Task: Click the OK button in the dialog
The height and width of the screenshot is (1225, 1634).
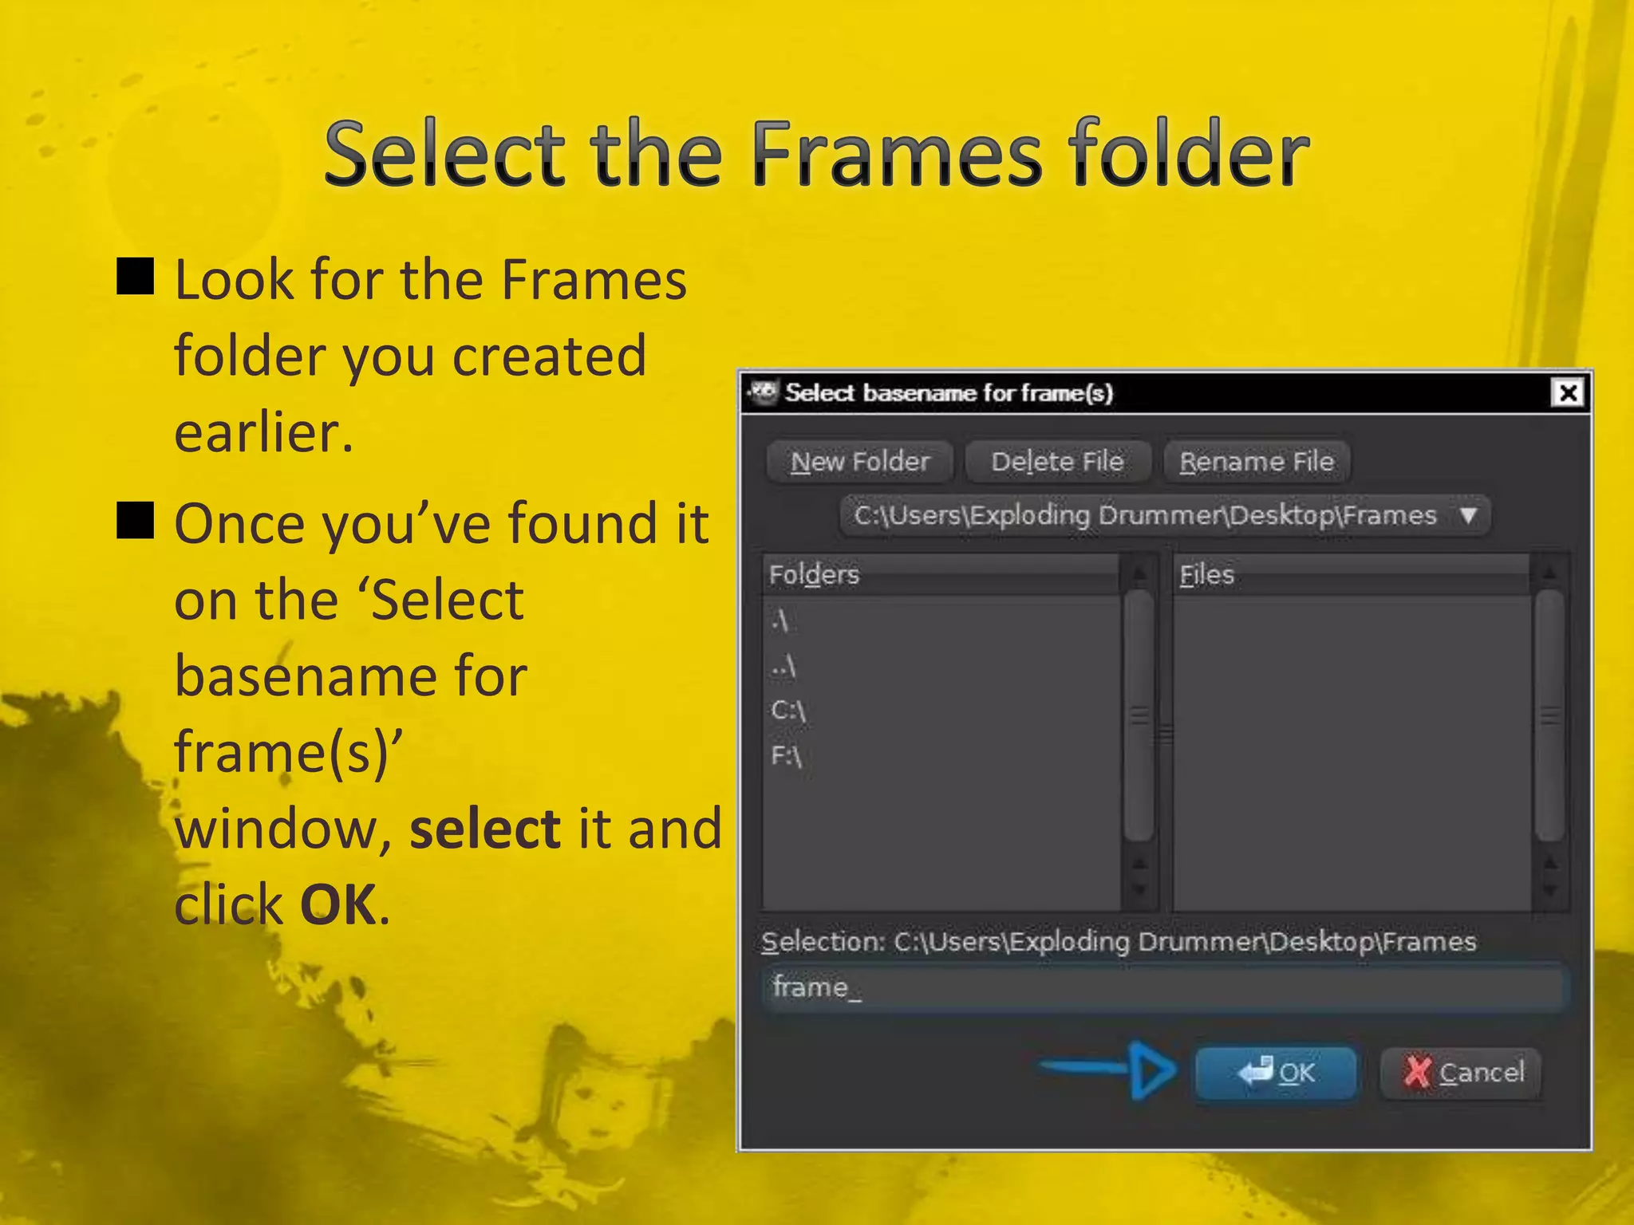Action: (1275, 1073)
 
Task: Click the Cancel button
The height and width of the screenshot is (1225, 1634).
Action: (1461, 1073)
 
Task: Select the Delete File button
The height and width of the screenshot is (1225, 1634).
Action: (1057, 462)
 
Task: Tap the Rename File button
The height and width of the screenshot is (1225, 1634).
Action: (1256, 462)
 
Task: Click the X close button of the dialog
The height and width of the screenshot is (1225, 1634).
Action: (1568, 393)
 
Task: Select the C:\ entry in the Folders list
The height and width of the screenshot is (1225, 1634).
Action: (788, 710)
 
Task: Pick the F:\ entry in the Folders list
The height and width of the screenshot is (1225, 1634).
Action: (787, 754)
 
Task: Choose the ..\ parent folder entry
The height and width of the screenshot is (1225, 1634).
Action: (783, 665)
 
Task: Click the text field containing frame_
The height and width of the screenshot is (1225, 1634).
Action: (1165, 988)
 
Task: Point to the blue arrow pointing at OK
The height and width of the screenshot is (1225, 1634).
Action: (1109, 1069)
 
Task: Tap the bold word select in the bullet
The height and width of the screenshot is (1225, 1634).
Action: (485, 829)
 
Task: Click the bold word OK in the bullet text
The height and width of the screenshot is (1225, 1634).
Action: (338, 905)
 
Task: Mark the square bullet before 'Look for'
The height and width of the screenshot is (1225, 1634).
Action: (136, 276)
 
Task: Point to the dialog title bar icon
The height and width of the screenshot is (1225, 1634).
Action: (764, 392)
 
